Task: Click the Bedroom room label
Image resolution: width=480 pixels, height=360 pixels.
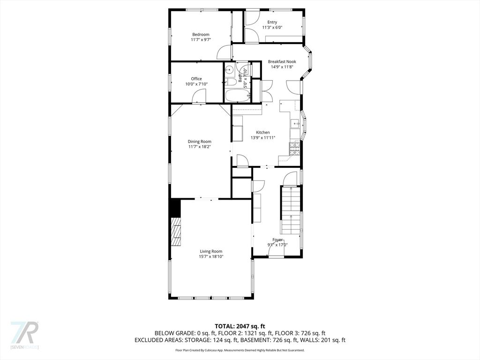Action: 201,35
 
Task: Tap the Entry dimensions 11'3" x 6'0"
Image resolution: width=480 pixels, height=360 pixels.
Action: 272,27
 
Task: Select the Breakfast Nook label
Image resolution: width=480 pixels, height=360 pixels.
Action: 282,61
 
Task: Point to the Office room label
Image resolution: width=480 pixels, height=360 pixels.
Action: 196,79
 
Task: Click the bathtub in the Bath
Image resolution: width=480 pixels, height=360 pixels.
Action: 238,96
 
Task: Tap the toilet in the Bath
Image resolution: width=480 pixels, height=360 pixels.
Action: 230,82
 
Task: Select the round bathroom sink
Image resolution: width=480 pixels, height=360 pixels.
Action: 229,70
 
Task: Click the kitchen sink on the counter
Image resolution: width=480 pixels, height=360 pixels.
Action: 295,124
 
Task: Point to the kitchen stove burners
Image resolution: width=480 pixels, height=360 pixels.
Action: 294,149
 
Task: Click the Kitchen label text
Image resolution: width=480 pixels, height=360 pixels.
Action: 263,133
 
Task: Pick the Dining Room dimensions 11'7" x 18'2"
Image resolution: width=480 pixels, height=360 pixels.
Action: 200,147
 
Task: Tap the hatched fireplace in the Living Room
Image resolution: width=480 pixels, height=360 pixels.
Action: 176,232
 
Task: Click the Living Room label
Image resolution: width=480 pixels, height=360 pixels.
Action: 211,251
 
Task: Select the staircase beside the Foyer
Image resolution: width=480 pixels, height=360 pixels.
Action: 291,210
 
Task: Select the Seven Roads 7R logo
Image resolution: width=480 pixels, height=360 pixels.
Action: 24,335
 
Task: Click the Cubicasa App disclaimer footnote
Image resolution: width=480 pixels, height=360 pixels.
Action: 240,350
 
